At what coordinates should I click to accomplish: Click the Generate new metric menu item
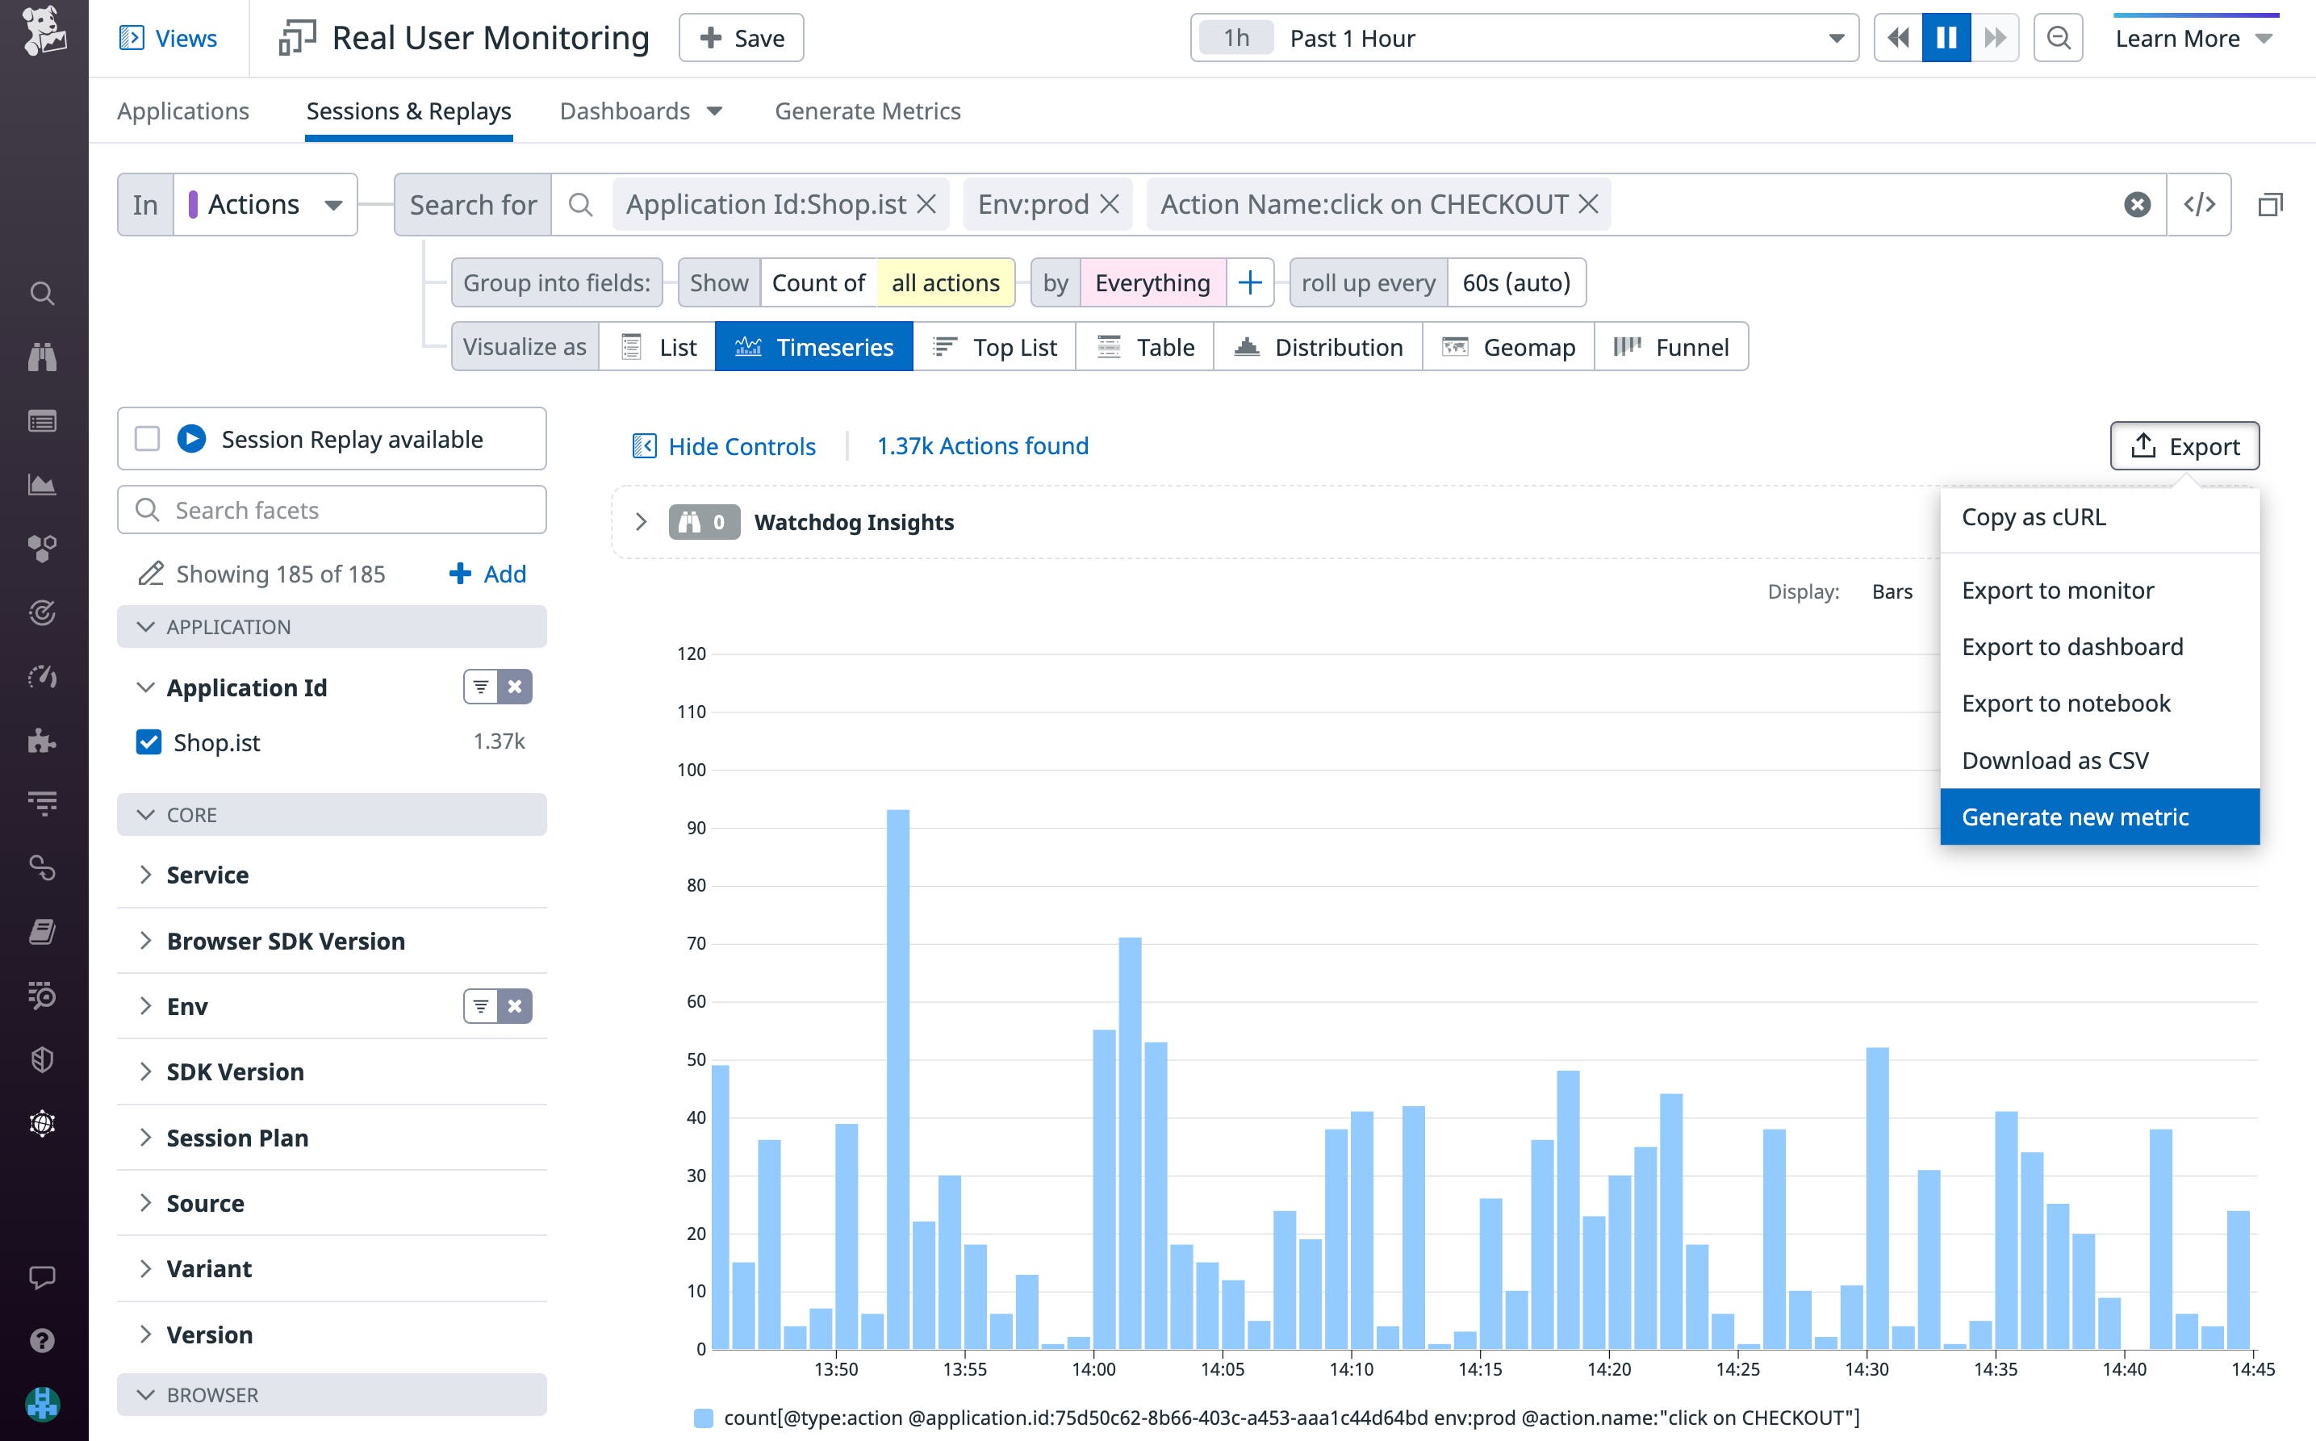pyautogui.click(x=2074, y=817)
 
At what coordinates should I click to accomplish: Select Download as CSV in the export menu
pyautogui.click(x=2054, y=761)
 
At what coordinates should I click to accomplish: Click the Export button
pyautogui.click(x=2184, y=446)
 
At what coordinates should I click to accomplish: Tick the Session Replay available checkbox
pyautogui.click(x=147, y=440)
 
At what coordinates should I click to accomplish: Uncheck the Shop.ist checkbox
pyautogui.click(x=148, y=741)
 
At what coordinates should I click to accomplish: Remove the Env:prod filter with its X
pyautogui.click(x=1109, y=204)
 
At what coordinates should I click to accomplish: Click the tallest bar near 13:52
pyautogui.click(x=898, y=1077)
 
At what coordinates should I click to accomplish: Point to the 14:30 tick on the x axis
pyautogui.click(x=1867, y=1368)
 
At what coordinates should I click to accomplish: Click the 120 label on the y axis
pyautogui.click(x=691, y=654)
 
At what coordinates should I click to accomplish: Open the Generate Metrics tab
pyautogui.click(x=867, y=111)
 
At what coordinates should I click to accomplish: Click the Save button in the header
pyautogui.click(x=741, y=38)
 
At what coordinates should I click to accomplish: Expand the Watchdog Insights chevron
pyautogui.click(x=641, y=522)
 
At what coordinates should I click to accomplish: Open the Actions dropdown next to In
pyautogui.click(x=265, y=204)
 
